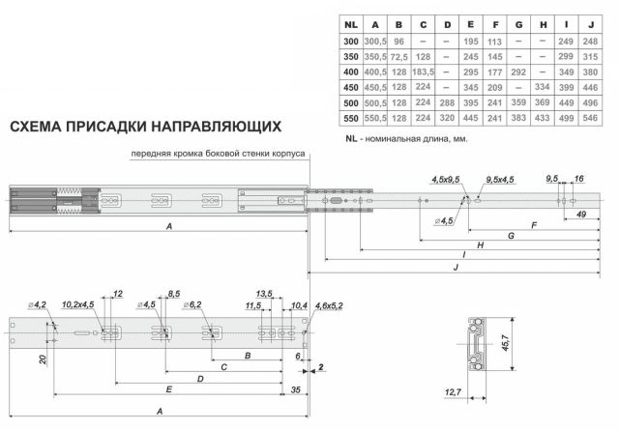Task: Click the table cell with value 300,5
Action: pos(372,40)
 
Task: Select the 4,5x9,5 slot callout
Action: pos(448,179)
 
